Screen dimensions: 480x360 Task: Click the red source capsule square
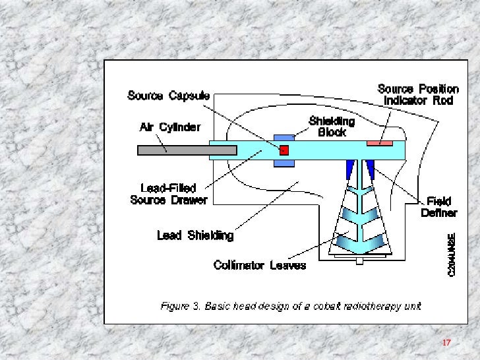(285, 150)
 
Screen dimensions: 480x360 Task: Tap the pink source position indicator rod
(379, 142)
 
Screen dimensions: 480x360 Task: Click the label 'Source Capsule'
(168, 96)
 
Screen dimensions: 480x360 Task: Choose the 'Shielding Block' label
(332, 126)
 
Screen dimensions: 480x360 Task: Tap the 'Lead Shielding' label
(195, 235)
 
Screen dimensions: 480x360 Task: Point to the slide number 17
(446, 343)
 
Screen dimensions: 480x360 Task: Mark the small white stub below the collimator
(359, 261)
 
